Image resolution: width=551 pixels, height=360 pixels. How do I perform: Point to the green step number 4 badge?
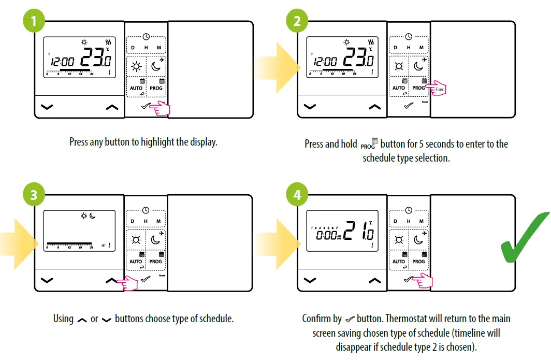(297, 195)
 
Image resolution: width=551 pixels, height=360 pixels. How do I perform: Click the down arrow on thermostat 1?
(47, 107)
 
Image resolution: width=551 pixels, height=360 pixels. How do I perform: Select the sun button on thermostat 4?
(399, 239)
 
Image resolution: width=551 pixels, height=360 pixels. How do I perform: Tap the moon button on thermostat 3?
(157, 239)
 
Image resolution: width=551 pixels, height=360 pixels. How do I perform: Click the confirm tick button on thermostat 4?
(409, 280)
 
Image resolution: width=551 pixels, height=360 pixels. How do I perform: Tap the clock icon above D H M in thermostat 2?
(409, 37)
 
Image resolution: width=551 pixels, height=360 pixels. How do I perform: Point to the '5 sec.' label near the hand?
(440, 90)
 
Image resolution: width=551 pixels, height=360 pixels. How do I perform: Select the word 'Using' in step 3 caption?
(63, 318)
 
